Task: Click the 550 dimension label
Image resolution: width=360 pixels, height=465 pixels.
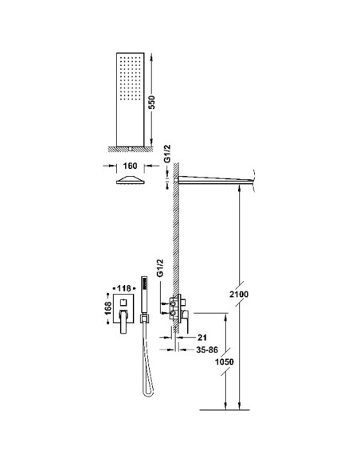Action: click(151, 102)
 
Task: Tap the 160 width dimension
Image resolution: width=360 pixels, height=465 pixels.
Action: click(130, 166)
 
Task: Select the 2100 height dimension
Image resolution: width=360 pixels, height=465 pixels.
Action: click(239, 294)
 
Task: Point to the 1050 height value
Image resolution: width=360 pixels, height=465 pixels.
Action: click(225, 361)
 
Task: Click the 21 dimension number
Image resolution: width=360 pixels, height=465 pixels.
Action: click(202, 337)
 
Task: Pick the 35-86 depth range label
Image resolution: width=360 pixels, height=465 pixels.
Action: click(207, 350)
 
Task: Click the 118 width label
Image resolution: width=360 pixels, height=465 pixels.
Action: click(123, 288)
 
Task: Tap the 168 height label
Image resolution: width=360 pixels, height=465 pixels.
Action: click(108, 308)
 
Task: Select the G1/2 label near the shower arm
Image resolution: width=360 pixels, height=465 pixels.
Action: click(167, 154)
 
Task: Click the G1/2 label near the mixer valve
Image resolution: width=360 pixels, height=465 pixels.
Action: click(160, 268)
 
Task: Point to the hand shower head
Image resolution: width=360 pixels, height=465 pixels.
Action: click(144, 295)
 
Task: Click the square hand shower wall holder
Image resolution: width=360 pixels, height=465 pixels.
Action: click(144, 318)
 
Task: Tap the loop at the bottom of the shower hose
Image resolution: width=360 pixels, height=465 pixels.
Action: click(148, 392)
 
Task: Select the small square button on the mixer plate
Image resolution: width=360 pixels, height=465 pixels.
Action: click(123, 303)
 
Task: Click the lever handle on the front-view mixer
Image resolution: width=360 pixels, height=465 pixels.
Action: click(123, 322)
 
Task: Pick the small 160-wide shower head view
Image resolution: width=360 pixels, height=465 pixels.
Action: click(130, 180)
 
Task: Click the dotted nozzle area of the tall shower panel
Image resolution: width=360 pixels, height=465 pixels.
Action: click(130, 81)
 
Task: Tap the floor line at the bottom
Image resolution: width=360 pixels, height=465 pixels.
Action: click(225, 410)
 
